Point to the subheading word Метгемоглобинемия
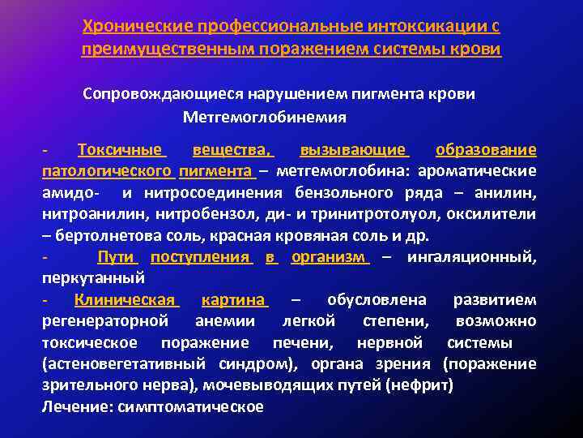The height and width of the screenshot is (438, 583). point(265,117)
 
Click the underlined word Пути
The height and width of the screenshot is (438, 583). point(116,257)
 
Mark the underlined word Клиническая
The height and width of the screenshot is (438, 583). point(125,300)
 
